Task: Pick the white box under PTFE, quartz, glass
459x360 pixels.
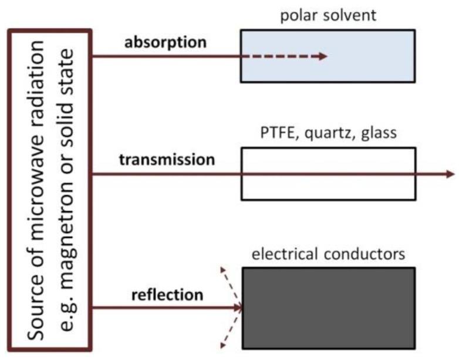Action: (x=328, y=174)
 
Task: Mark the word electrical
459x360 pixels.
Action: (x=279, y=255)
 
